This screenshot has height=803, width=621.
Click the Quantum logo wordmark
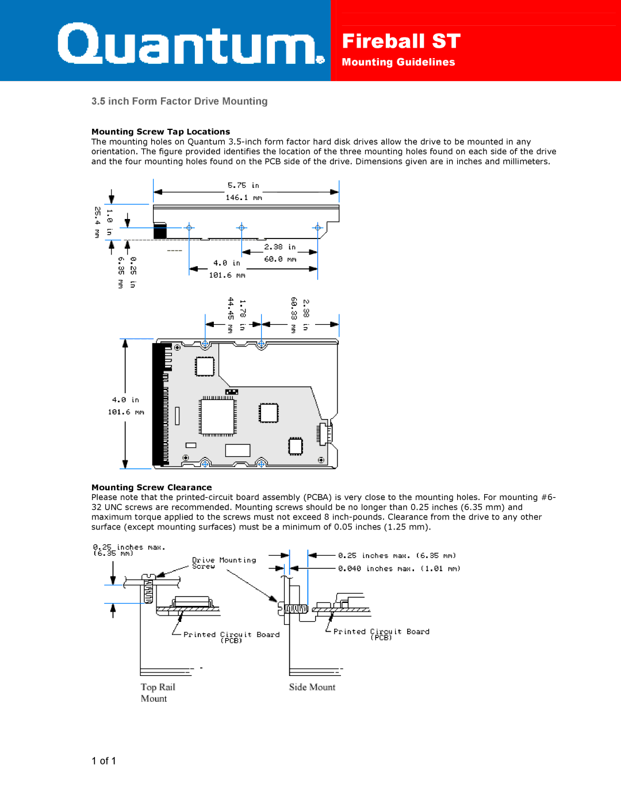coord(190,44)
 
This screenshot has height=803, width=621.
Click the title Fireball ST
coord(401,41)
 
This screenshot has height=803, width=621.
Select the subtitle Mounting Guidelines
coord(398,62)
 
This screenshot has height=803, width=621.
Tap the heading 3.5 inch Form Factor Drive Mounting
coord(179,101)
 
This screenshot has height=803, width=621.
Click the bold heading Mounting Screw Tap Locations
coord(160,132)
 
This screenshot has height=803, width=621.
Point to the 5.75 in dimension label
coord(243,185)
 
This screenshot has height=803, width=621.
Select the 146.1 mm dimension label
coord(243,198)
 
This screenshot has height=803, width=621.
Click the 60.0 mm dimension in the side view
coord(280,259)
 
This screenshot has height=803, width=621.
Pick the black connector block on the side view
coord(160,230)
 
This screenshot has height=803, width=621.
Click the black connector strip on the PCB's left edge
coord(158,404)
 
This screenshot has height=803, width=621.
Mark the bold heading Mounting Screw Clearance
coord(151,487)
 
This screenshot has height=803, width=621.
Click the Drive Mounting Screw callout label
coord(223,563)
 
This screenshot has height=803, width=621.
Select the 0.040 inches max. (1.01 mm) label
coord(398,569)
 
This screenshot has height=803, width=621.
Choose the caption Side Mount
coord(312,687)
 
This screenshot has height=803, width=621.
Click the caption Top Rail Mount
coord(157,693)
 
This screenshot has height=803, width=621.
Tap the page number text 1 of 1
coord(103,761)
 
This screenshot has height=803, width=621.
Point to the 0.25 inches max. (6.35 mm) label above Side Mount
coord(397,556)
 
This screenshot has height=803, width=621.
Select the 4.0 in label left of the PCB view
coord(125,400)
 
